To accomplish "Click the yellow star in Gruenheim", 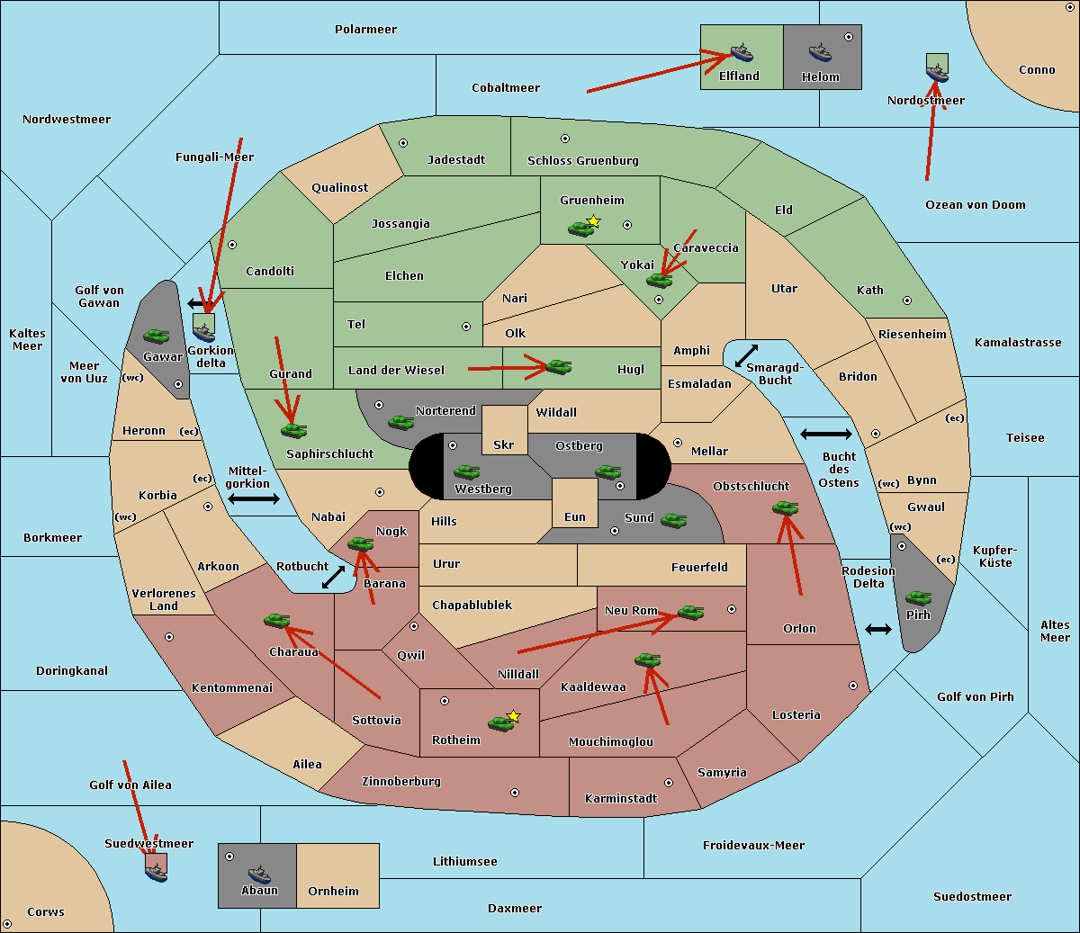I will [x=593, y=220].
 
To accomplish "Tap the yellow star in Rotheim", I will [x=513, y=716].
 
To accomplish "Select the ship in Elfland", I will [x=741, y=52].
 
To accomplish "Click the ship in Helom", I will [x=819, y=52].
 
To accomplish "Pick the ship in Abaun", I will [x=259, y=874].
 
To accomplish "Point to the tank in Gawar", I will [x=157, y=336].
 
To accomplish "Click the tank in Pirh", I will [x=918, y=598].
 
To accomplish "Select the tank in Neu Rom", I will [x=690, y=613].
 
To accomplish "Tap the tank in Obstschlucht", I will [x=785, y=508].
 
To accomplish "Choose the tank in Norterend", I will [x=400, y=422].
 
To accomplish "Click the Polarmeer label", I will [x=365, y=30].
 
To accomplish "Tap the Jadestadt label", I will [x=455, y=160].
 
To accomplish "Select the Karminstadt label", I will [x=621, y=799].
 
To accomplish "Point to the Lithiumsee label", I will [x=464, y=862].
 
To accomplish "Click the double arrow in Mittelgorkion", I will [x=254, y=498].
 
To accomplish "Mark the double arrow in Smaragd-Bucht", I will [x=746, y=356].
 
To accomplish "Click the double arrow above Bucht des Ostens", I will [x=825, y=435].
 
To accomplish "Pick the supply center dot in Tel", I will [x=466, y=327].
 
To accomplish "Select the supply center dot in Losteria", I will [x=853, y=686].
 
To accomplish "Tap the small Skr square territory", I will [x=504, y=430].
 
